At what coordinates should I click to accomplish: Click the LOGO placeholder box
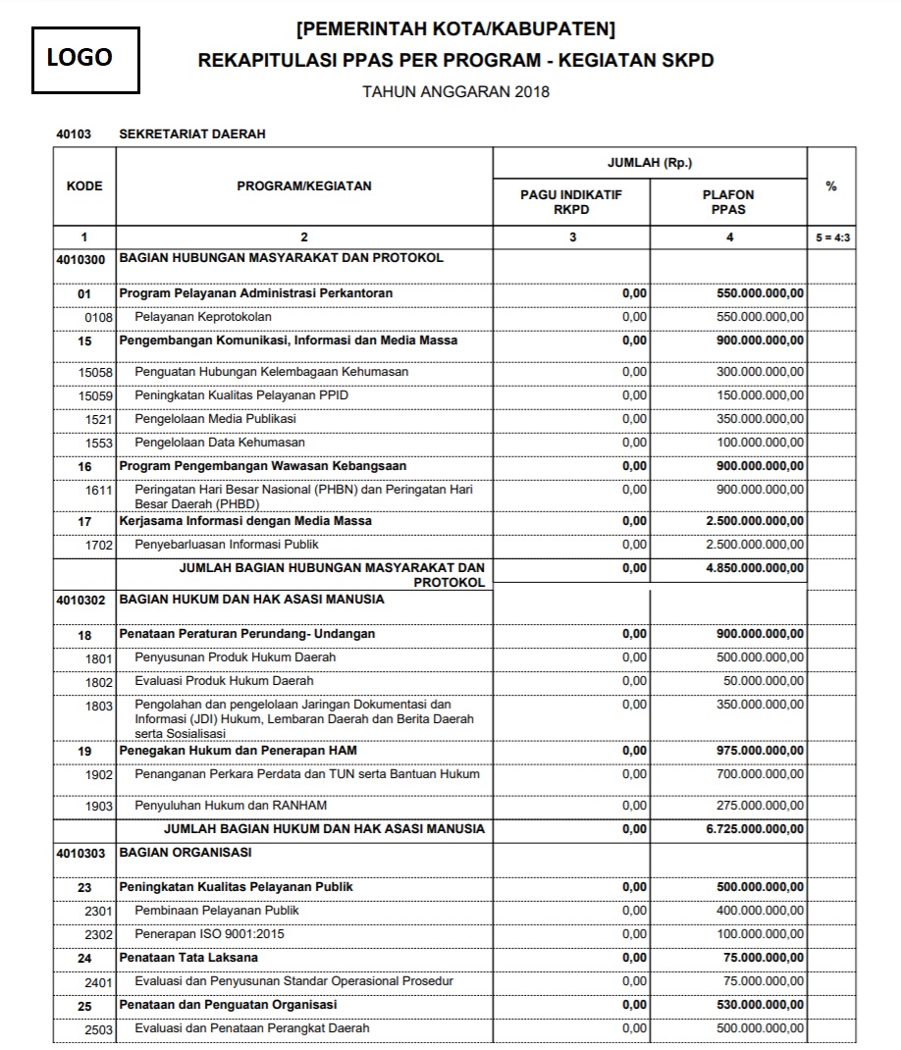tap(85, 59)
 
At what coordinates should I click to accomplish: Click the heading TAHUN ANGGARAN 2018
tap(455, 92)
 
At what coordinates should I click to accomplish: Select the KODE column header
tap(84, 186)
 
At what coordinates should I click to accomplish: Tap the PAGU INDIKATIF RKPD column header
tap(571, 201)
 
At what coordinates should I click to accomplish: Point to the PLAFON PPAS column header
tap(729, 201)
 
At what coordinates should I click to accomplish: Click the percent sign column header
tap(831, 186)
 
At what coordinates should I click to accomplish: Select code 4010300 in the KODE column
tap(84, 259)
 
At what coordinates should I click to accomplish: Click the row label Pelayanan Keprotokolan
tap(203, 317)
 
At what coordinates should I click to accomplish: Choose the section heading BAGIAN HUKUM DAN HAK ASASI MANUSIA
tap(251, 600)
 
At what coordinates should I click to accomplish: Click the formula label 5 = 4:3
tap(831, 237)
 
